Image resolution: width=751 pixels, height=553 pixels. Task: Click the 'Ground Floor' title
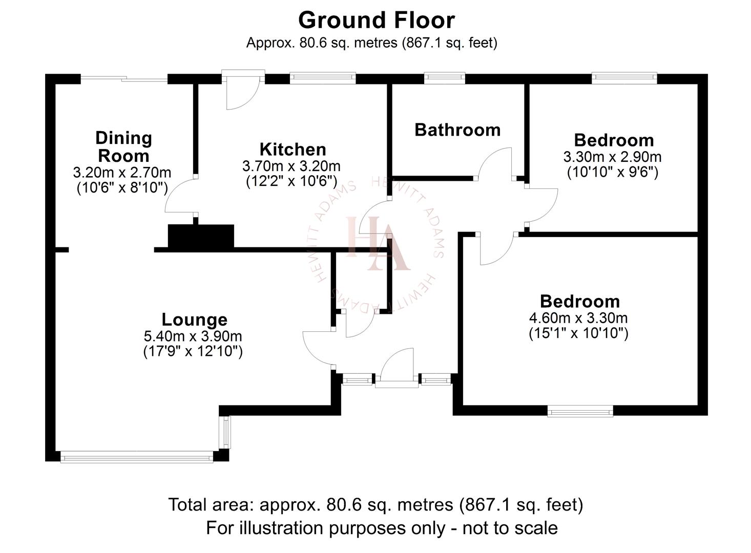[x=376, y=20]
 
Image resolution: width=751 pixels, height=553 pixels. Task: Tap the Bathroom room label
[x=457, y=130]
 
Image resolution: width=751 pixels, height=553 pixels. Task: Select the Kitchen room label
[x=293, y=150]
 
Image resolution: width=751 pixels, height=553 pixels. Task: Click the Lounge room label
[x=194, y=320]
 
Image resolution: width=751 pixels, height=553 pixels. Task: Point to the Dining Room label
[x=123, y=147]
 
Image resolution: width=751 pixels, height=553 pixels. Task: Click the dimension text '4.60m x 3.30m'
[x=578, y=318]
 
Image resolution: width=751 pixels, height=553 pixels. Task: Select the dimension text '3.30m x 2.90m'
[x=612, y=156]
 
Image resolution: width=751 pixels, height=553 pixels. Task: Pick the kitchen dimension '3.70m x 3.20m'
[x=291, y=166]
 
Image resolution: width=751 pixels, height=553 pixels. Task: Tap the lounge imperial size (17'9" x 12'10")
[x=193, y=352]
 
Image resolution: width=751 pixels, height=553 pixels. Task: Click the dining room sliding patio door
[x=124, y=79]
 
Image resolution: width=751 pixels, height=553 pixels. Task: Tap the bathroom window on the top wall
[x=445, y=78]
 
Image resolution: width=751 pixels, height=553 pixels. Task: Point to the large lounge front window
[x=136, y=457]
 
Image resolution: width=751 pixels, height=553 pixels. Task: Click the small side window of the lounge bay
[x=225, y=432]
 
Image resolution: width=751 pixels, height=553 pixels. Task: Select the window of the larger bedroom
[x=580, y=411]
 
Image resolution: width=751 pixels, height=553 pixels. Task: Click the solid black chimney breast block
[x=201, y=237]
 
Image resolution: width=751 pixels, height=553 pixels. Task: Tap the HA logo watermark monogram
[x=378, y=243]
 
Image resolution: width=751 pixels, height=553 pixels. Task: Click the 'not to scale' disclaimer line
[x=382, y=527]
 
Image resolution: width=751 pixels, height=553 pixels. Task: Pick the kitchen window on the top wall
[x=322, y=78]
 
